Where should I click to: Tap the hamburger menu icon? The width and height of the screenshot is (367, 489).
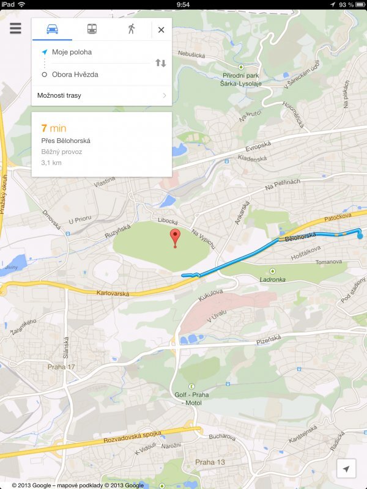[x=15, y=29]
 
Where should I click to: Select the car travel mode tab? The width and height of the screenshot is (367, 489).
[x=52, y=29]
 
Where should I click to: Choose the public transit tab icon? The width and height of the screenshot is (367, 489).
[x=91, y=29]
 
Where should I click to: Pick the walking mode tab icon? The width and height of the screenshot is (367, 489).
[x=131, y=29]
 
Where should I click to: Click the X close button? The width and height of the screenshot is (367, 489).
[x=161, y=29]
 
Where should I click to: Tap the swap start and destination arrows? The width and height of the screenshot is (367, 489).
[x=160, y=63]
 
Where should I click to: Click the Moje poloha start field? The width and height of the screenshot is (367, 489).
[x=72, y=52]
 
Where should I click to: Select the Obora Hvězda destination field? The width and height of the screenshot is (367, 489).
[x=75, y=75]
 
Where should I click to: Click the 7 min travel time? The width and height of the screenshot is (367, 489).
[x=53, y=128]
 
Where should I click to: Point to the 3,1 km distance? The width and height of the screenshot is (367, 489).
[x=51, y=163]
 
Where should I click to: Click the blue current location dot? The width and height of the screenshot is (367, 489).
[x=360, y=235]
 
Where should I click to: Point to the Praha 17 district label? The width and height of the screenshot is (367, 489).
[x=62, y=367]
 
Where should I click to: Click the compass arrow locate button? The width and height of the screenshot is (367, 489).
[x=346, y=469]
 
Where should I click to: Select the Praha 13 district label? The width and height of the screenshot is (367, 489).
[x=210, y=462]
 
